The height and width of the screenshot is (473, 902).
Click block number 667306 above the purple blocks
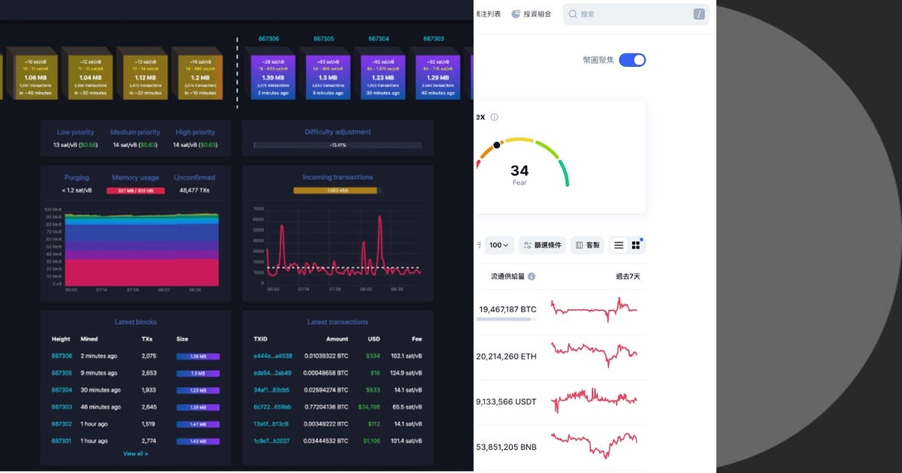(268, 38)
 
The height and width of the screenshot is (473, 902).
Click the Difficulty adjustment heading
(337, 132)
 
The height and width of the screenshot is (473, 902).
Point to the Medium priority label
(135, 132)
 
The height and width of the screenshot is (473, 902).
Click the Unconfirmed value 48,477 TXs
(194, 191)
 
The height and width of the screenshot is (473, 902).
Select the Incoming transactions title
(337, 178)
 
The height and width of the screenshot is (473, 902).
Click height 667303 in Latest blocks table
(62, 407)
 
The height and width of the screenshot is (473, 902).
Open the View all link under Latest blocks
(135, 453)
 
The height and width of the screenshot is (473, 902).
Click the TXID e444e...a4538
(273, 356)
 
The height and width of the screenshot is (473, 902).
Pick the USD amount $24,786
(369, 407)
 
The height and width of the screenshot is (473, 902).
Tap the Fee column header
(416, 339)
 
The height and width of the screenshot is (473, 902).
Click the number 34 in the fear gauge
(519, 171)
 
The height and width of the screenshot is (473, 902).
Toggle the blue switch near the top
(632, 60)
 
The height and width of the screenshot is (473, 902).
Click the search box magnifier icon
(573, 14)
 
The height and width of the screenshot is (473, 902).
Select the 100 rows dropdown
(500, 245)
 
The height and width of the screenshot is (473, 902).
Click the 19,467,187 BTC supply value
(507, 309)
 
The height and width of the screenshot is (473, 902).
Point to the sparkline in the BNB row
(594, 444)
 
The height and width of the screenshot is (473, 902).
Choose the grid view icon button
(636, 245)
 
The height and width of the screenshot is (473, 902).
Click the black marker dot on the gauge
(497, 145)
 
